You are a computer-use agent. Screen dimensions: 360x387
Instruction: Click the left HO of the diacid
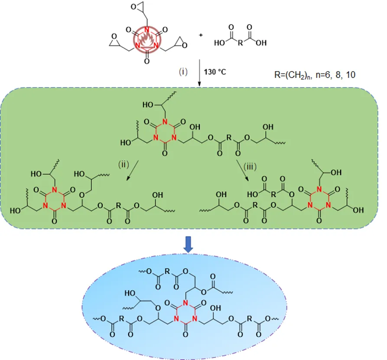(x=219, y=43)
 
